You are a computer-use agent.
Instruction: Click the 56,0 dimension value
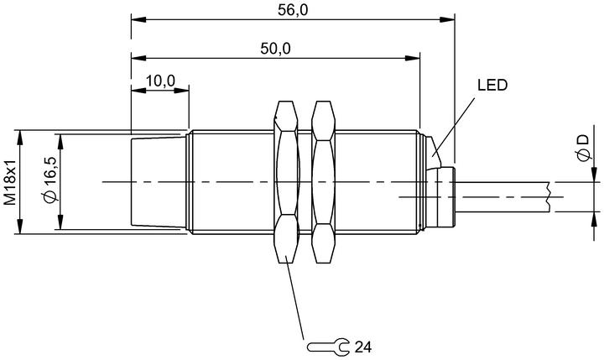pos(293,10)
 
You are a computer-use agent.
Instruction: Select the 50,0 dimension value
pos(275,49)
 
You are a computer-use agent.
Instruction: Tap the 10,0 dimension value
pos(160,81)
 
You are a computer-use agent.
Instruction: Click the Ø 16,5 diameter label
pos(51,180)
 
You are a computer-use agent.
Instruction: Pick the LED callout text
pos(492,86)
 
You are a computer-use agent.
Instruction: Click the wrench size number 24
pos(363,347)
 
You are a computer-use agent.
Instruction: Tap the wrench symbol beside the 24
pos(328,347)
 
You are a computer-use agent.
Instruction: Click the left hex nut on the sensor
pos(286,181)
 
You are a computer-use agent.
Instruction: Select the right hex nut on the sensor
pos(323,181)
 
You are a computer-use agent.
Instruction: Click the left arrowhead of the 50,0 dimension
pos(138,58)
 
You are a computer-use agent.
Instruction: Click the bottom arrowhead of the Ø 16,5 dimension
pos(60,222)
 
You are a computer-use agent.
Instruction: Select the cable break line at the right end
pos(547,196)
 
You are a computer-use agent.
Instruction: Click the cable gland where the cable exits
pos(441,196)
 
